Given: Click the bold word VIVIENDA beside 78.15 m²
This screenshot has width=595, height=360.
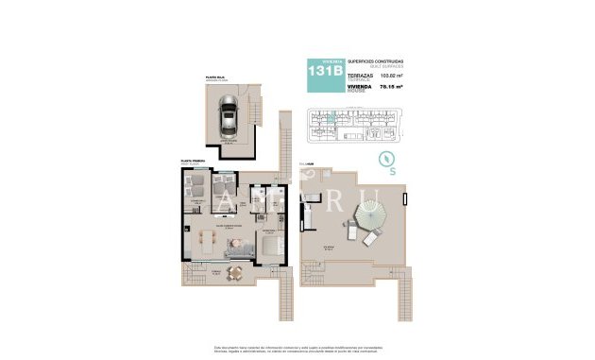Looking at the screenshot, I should coord(363,85).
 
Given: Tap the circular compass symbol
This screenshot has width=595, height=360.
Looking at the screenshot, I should coord(385,157).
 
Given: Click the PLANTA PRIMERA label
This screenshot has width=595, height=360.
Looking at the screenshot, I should coord(180,163).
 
